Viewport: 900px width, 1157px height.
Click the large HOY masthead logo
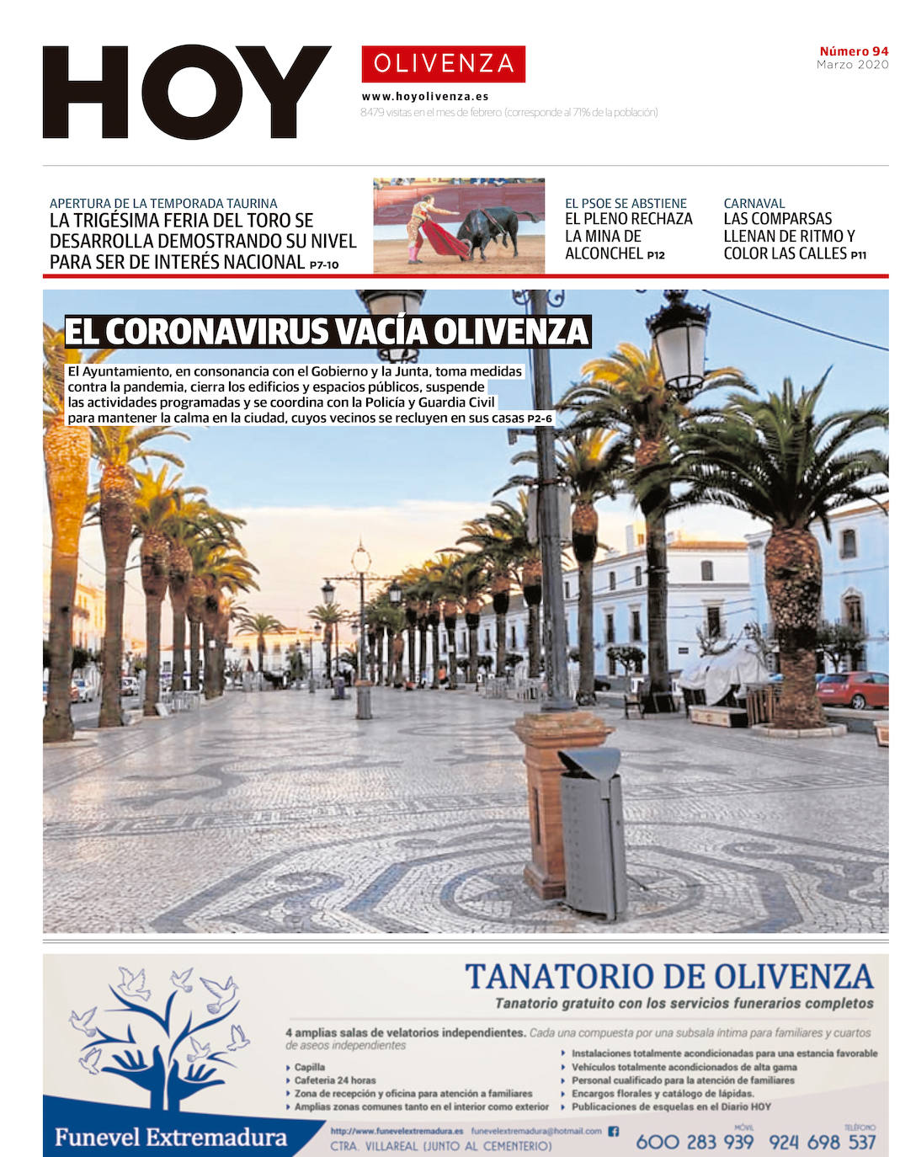click(x=186, y=92)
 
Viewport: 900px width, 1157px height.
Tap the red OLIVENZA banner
click(x=443, y=63)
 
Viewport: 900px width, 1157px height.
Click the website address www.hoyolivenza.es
click(x=425, y=97)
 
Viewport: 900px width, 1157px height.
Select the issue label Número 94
click(x=854, y=51)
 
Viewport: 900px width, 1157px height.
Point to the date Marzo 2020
click(x=852, y=65)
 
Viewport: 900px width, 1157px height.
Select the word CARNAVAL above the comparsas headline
click(x=754, y=203)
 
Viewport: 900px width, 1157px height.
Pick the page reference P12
click(x=656, y=255)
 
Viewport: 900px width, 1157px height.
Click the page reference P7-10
click(x=324, y=264)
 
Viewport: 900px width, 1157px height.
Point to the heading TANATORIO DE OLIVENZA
click(x=669, y=977)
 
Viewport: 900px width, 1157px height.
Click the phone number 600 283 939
click(x=695, y=1142)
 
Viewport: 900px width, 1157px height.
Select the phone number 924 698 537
click(x=822, y=1142)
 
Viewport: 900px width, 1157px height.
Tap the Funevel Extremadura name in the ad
click(x=170, y=1138)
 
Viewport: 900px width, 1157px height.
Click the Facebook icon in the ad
click(x=613, y=1131)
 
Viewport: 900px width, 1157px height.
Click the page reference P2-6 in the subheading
click(x=540, y=419)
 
